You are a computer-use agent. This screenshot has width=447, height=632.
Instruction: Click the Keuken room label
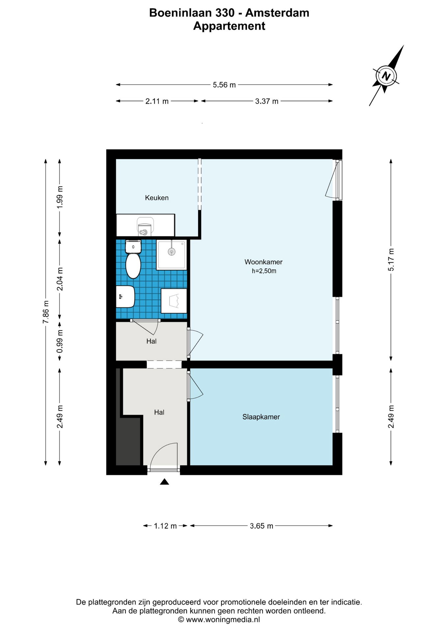point(157,198)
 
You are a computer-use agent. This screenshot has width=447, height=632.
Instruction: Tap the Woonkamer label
point(263,262)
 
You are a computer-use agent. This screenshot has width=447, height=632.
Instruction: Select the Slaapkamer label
point(261,417)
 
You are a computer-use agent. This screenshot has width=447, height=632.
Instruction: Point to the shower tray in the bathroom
point(171,255)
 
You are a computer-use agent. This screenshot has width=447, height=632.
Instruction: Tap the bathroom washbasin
point(125,296)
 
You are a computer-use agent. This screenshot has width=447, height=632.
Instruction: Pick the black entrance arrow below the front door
point(165,482)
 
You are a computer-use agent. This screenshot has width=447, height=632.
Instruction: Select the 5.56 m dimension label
point(224,85)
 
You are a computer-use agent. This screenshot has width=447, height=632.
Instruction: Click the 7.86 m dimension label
point(46,312)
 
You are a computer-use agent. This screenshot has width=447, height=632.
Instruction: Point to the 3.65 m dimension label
point(261,526)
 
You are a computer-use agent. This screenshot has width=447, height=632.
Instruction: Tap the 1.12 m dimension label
point(165,526)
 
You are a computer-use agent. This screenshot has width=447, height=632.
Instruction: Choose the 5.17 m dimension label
point(391,260)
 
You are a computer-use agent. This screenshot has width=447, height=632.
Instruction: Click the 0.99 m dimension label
point(60,341)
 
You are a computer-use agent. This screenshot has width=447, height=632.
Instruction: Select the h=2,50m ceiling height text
point(264,271)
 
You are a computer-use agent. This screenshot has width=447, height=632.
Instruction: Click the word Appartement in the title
point(229,26)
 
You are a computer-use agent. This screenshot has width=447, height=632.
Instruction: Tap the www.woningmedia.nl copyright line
point(219,619)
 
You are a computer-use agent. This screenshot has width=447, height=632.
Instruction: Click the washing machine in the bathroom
point(174,301)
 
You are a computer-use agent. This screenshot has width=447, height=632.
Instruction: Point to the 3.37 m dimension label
point(267,101)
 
